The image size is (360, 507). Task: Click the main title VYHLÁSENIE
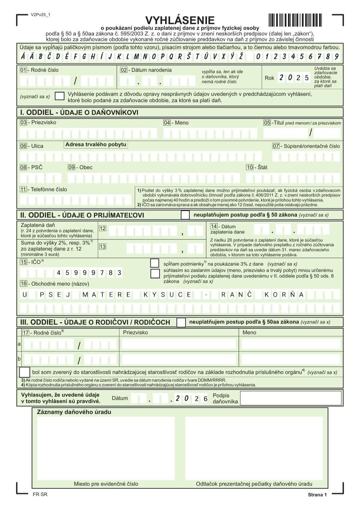pos(180,20)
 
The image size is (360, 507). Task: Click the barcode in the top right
pos(295,20)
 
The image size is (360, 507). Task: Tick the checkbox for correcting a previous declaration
pos(59,96)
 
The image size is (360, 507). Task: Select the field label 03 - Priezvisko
pos(38,122)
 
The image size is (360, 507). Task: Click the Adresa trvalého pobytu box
pos(96,145)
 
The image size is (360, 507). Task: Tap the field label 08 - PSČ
pos(31,167)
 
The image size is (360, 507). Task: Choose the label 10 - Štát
pos(257,167)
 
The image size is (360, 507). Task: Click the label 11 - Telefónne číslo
pos(43,189)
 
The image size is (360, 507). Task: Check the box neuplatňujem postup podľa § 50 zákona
pos(185,215)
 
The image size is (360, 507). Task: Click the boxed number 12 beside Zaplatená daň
pos(103,228)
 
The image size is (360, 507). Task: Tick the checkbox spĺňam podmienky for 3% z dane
pos(155,263)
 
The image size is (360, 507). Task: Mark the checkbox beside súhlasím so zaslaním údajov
pos(155,274)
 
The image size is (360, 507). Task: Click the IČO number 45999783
pos(89,273)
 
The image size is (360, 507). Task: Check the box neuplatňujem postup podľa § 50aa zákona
pos(181,322)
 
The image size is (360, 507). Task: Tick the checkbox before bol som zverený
pos(25,372)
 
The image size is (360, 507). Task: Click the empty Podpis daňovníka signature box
pos(291,398)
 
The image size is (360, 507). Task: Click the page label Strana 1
pos(317,495)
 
